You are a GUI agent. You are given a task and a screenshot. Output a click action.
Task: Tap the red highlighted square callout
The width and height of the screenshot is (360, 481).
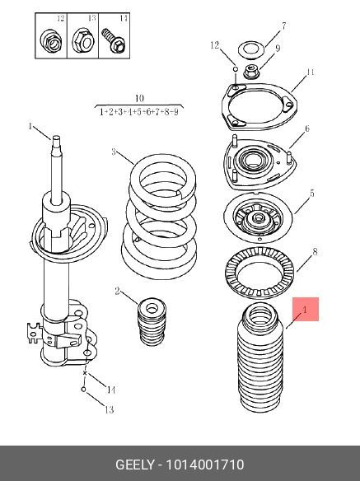point(306,309)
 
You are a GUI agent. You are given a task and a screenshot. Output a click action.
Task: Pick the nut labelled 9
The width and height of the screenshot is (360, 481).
point(252,71)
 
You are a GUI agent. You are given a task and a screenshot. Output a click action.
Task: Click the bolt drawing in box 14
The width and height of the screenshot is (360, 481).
point(113,40)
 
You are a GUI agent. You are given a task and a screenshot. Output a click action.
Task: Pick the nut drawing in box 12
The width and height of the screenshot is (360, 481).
point(50,41)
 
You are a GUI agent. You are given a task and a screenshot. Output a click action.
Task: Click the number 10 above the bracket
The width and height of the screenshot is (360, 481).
point(139,99)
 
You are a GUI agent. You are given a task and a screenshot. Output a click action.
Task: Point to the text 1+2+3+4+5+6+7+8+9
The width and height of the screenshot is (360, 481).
point(138,112)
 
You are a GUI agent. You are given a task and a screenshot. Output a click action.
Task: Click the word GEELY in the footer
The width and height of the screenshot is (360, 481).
point(134,465)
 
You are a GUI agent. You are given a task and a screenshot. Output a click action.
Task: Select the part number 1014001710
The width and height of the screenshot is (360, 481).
point(205,465)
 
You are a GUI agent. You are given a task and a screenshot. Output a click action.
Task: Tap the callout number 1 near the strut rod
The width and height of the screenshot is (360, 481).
point(30,126)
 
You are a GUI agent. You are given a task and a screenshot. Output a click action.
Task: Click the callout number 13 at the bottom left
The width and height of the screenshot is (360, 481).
point(110,409)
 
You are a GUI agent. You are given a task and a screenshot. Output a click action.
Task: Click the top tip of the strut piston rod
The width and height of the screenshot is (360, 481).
point(57,136)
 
